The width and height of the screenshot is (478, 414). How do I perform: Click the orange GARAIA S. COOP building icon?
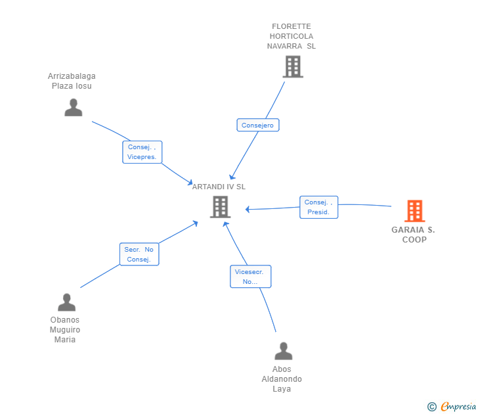(414, 211)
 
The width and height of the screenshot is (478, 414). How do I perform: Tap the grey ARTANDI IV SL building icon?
(220, 207)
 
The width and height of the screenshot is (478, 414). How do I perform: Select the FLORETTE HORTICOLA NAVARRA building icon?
(293, 66)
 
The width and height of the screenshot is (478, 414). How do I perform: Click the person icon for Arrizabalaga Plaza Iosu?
(74, 107)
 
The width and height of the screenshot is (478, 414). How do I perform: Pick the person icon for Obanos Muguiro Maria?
(66, 302)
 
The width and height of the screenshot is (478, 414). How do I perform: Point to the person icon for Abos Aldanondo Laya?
(284, 351)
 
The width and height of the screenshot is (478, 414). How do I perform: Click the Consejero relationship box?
(258, 125)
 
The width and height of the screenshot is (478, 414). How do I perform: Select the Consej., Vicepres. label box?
(142, 152)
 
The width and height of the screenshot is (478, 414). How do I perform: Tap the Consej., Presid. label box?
(319, 207)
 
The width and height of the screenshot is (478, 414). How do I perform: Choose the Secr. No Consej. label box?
(139, 254)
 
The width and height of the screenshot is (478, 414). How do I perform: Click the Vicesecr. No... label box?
(251, 277)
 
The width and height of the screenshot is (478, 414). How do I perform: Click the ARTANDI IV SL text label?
(219, 187)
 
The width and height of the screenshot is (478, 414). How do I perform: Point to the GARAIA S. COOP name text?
(414, 235)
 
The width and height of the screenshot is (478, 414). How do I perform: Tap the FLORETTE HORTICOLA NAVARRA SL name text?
(292, 36)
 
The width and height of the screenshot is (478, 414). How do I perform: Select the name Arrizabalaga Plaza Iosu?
(72, 81)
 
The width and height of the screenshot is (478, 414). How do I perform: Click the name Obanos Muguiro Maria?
(65, 329)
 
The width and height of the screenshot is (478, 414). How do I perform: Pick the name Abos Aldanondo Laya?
(282, 379)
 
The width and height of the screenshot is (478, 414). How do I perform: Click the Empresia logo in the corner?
(458, 406)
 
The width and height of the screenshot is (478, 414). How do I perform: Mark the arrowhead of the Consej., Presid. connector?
(248, 209)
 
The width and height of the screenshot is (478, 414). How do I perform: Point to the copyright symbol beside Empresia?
(432, 407)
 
